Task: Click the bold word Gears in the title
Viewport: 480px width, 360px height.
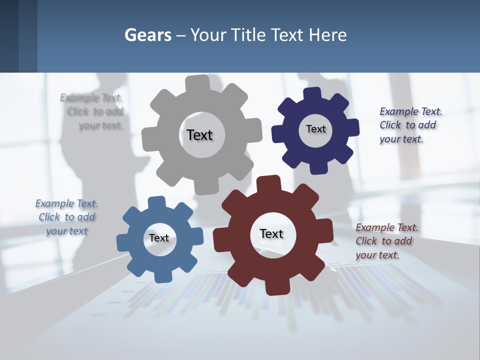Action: click(147, 35)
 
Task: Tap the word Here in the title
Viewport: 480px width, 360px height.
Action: click(327, 35)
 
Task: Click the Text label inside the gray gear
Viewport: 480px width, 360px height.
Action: click(199, 135)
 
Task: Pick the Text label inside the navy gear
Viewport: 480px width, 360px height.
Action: click(315, 129)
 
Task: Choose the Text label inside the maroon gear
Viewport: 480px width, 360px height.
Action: click(271, 233)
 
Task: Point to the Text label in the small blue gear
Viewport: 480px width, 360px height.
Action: click(159, 238)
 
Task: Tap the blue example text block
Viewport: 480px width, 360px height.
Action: click(66, 217)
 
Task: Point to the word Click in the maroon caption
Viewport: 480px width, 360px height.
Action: click(366, 241)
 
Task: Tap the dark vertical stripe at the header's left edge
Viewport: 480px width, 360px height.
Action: click(9, 36)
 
